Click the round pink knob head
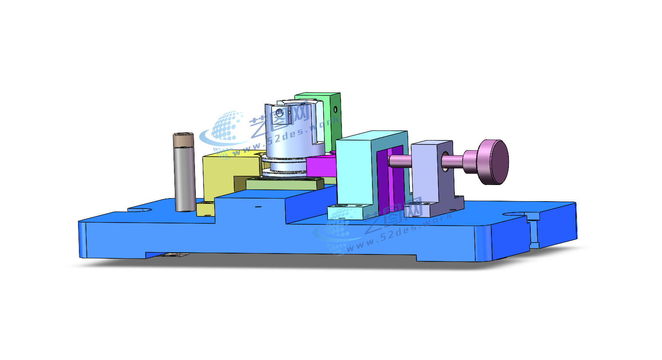click(x=494, y=162)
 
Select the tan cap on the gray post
click(x=183, y=140)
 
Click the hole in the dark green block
click(x=335, y=110)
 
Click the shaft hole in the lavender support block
click(x=444, y=161)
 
